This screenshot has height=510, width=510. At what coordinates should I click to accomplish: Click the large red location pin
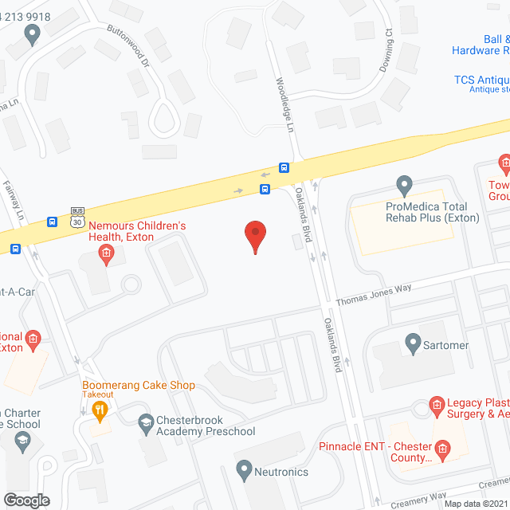click(255, 237)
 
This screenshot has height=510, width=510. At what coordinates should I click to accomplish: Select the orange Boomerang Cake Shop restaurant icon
click(100, 411)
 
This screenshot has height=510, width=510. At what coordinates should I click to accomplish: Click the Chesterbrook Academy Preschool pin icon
click(146, 422)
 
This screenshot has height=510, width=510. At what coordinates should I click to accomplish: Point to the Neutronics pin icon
click(245, 470)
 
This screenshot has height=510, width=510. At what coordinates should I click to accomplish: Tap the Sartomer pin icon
click(413, 344)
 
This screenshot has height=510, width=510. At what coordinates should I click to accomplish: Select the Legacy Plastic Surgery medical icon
click(437, 406)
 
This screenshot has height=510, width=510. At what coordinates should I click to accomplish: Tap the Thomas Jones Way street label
click(373, 296)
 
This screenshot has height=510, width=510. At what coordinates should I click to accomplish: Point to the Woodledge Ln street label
click(284, 103)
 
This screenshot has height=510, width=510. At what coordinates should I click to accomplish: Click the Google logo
click(26, 500)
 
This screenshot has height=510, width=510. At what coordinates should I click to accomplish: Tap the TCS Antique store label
click(481, 80)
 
